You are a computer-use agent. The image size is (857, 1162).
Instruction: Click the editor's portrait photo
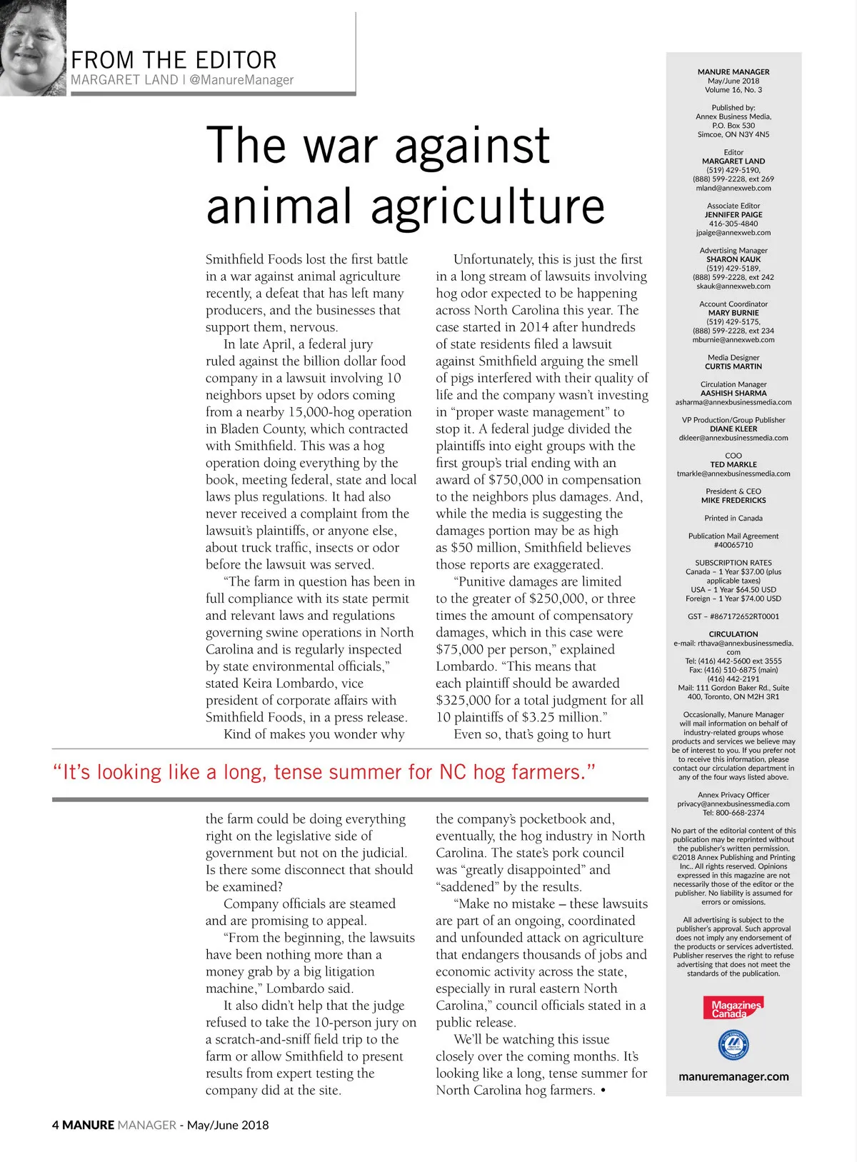(32, 47)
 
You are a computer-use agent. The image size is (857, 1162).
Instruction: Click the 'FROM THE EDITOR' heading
(174, 60)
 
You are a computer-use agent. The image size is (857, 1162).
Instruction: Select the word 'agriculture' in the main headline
(487, 206)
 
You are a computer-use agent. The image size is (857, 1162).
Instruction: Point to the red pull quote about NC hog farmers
(324, 772)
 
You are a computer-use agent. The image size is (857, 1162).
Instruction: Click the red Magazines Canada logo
(733, 1008)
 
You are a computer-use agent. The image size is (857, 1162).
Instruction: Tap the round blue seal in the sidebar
(733, 1046)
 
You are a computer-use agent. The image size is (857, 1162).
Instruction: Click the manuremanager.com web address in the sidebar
(733, 1076)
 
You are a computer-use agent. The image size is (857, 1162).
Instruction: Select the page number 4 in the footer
(56, 1125)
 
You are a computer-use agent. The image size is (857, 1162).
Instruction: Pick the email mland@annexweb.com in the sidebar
(733, 188)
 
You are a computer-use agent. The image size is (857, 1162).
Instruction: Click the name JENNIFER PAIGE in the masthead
(733, 214)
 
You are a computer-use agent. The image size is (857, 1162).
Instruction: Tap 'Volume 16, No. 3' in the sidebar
(733, 90)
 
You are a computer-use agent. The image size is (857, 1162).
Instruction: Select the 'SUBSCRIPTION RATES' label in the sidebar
(733, 563)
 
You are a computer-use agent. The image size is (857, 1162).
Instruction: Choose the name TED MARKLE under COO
(733, 464)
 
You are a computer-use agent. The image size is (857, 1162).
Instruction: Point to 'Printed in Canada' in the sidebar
(733, 518)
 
